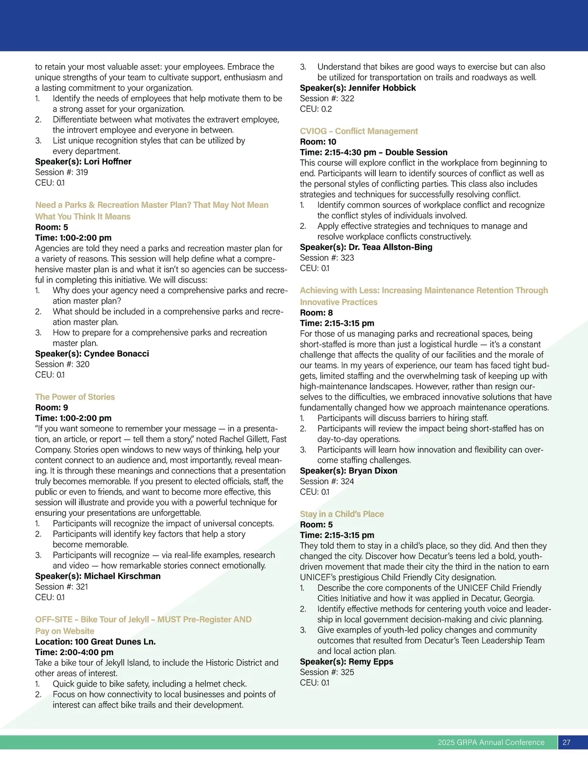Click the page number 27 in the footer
(566, 742)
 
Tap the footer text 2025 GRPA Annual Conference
(491, 742)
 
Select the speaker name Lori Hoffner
(107, 161)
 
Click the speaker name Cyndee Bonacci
(116, 354)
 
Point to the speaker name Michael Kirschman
(122, 576)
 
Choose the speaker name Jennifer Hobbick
(382, 88)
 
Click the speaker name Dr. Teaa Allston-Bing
(390, 247)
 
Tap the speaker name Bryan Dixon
(373, 470)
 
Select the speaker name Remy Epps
(370, 661)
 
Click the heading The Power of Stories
(75, 397)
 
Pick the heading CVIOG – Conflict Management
(359, 131)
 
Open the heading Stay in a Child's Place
(342, 514)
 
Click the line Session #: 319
(62, 172)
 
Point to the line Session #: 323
(327, 257)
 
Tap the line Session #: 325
(327, 672)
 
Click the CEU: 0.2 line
(316, 109)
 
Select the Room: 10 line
(318, 142)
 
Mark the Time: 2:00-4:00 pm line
(74, 652)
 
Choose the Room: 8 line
(316, 312)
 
